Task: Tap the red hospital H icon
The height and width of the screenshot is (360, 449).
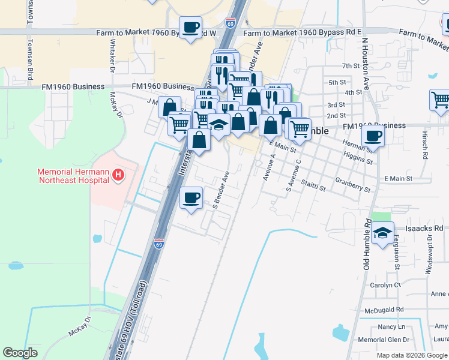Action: (x=119, y=175)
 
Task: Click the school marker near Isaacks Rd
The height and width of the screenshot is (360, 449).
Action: (x=382, y=233)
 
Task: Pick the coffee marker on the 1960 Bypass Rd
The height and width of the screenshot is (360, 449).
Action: (x=191, y=28)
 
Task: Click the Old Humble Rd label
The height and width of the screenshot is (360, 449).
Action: (x=367, y=245)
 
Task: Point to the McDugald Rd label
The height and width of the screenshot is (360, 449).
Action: (x=384, y=310)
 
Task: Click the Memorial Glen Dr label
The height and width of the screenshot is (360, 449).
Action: (x=384, y=340)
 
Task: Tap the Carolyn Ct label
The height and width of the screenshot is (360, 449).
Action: (x=385, y=285)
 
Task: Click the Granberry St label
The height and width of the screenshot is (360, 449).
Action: (x=353, y=184)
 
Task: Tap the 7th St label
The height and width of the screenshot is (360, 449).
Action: (x=350, y=66)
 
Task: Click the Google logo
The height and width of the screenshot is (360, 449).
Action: (x=20, y=353)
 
